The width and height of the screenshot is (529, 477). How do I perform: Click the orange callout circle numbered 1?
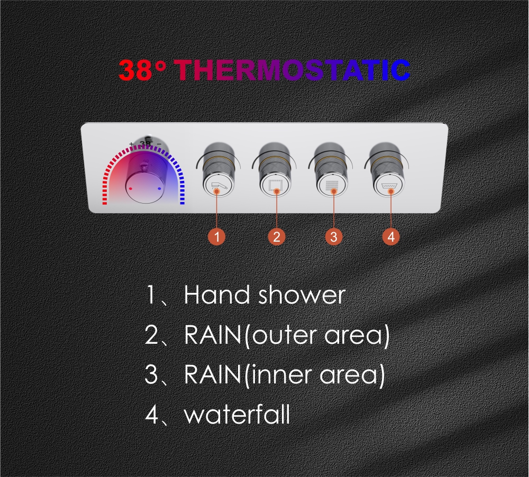pyautogui.click(x=217, y=236)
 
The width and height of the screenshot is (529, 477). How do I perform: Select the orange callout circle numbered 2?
pyautogui.click(x=277, y=236)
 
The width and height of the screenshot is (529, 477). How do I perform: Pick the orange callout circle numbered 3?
pyautogui.click(x=334, y=236)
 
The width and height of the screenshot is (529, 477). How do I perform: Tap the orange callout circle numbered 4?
pyautogui.click(x=391, y=236)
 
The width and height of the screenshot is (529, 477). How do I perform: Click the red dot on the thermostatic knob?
pyautogui.click(x=131, y=189)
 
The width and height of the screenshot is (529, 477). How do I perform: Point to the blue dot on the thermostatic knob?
pyautogui.click(x=160, y=189)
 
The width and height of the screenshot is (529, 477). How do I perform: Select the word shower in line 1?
pyautogui.click(x=302, y=295)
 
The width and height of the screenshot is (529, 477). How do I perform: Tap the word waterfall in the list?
pyautogui.click(x=237, y=415)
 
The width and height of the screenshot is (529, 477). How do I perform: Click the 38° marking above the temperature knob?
pyautogui.click(x=147, y=144)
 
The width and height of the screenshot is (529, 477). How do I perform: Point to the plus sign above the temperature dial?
pyautogui.click(x=132, y=144)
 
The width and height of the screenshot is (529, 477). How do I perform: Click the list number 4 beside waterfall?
pyautogui.click(x=151, y=415)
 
